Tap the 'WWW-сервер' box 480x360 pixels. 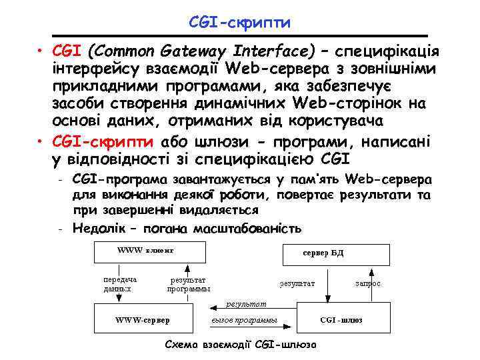(x=143, y=320)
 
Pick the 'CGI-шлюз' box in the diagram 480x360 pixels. (x=341, y=320)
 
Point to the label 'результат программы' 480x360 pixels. (x=189, y=284)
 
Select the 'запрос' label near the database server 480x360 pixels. (x=368, y=283)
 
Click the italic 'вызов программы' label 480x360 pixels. (x=243, y=321)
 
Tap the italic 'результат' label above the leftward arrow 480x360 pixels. (x=246, y=304)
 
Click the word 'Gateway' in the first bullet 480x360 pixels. (x=193, y=51)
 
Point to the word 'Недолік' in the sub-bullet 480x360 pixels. (x=96, y=228)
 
